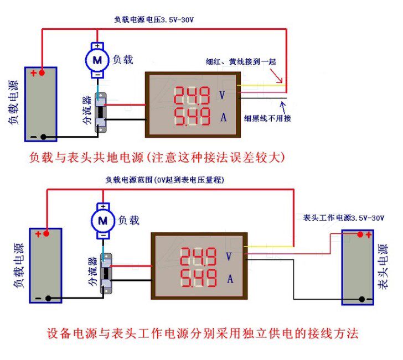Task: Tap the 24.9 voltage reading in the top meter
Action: point(192,97)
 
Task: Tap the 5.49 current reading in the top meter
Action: point(192,117)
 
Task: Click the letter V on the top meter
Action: point(222,96)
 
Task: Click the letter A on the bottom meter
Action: point(230,279)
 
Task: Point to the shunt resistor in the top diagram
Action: point(101,113)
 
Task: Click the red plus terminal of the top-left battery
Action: point(34,73)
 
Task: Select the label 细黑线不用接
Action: point(267,118)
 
